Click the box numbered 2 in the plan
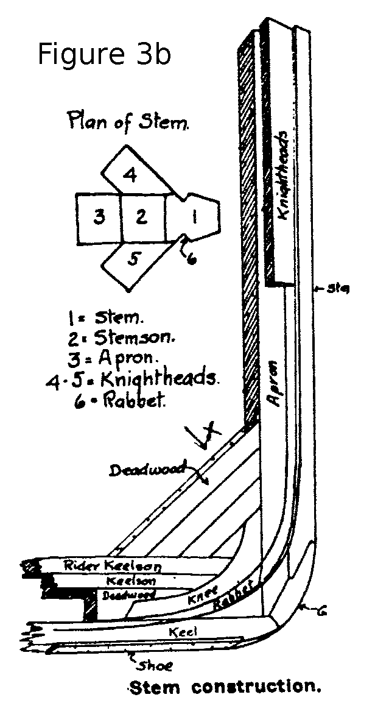[x=142, y=217]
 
